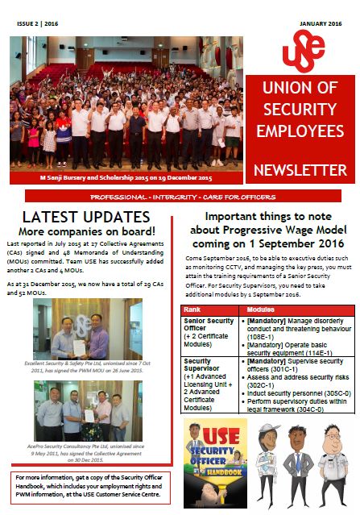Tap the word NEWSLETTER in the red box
(300, 170)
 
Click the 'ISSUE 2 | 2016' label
(37, 25)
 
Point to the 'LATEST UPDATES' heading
(85, 217)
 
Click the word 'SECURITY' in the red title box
(300, 108)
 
